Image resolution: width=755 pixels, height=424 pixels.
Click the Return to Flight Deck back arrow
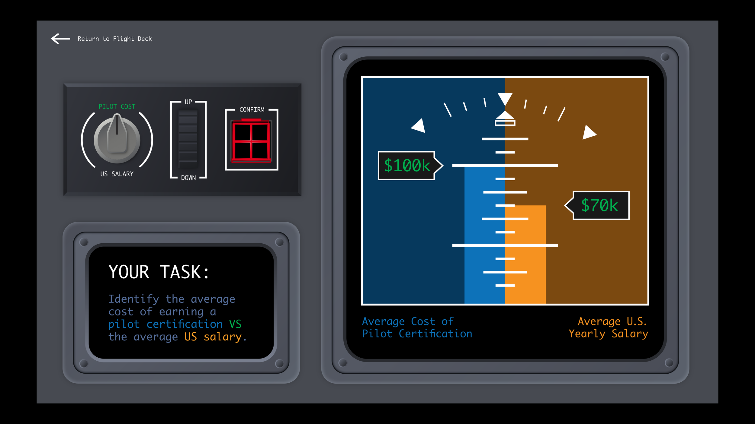pyautogui.click(x=60, y=39)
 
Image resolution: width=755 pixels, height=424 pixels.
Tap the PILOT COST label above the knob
pyautogui.click(x=117, y=106)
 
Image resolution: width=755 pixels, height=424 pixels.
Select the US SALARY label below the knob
pyautogui.click(x=117, y=174)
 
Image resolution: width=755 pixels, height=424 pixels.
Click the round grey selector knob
pyautogui.click(x=117, y=139)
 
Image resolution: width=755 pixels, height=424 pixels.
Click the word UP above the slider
pyautogui.click(x=188, y=102)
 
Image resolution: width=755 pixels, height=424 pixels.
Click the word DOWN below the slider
pyautogui.click(x=188, y=178)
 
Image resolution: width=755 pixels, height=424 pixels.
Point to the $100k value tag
pyautogui.click(x=407, y=166)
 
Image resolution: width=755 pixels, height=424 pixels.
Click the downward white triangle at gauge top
pyautogui.click(x=505, y=98)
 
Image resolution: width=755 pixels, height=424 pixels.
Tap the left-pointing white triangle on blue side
pyautogui.click(x=419, y=126)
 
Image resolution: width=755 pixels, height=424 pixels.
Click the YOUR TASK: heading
pyautogui.click(x=159, y=272)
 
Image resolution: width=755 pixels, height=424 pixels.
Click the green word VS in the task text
pyautogui.click(x=235, y=324)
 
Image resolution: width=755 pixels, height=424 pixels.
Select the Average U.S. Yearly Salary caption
pyautogui.click(x=609, y=327)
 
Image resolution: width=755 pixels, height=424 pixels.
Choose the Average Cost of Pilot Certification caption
pyautogui.click(x=417, y=327)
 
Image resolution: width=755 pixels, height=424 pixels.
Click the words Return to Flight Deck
pyautogui.click(x=115, y=39)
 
